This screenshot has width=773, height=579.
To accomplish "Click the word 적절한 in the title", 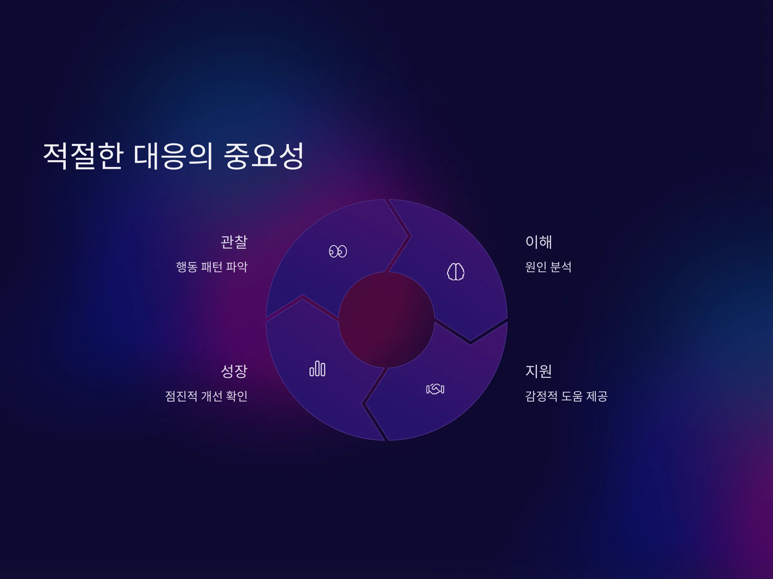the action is point(83,156).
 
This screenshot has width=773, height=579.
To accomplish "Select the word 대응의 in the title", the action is point(173,156).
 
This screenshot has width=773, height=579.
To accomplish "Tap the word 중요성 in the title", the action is point(263,156).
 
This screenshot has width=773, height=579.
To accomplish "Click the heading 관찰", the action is point(234,242).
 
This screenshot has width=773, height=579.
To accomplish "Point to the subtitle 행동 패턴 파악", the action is point(212,267).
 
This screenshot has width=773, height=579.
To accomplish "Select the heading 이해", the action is point(539,242).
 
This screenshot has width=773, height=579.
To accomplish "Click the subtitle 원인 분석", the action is point(548,267).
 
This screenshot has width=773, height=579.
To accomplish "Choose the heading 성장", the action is point(234,371).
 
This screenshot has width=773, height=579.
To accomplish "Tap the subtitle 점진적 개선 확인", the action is point(206,396).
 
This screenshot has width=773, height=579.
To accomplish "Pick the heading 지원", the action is point(539,371).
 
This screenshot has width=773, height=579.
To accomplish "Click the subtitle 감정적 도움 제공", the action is point(567,396).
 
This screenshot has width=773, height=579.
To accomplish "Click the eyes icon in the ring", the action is point(338,251).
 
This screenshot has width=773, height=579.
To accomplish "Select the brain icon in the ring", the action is point(456,271).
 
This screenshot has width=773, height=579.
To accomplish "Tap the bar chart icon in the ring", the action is point(317,369).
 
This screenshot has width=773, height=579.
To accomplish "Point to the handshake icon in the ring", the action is point(435,389).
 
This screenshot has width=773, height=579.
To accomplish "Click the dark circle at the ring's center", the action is point(386,320).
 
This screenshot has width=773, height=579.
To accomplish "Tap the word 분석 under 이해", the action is point(561,267).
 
